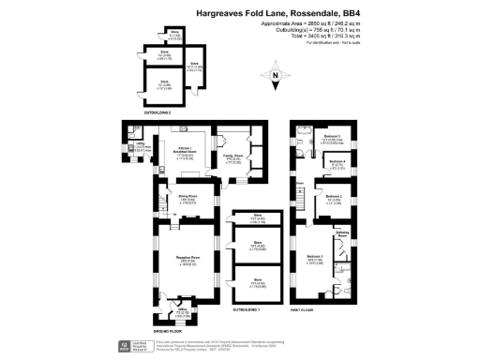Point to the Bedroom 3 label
click(330, 138)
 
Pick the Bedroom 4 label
click(338, 163)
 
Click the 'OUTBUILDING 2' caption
click(156, 111)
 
